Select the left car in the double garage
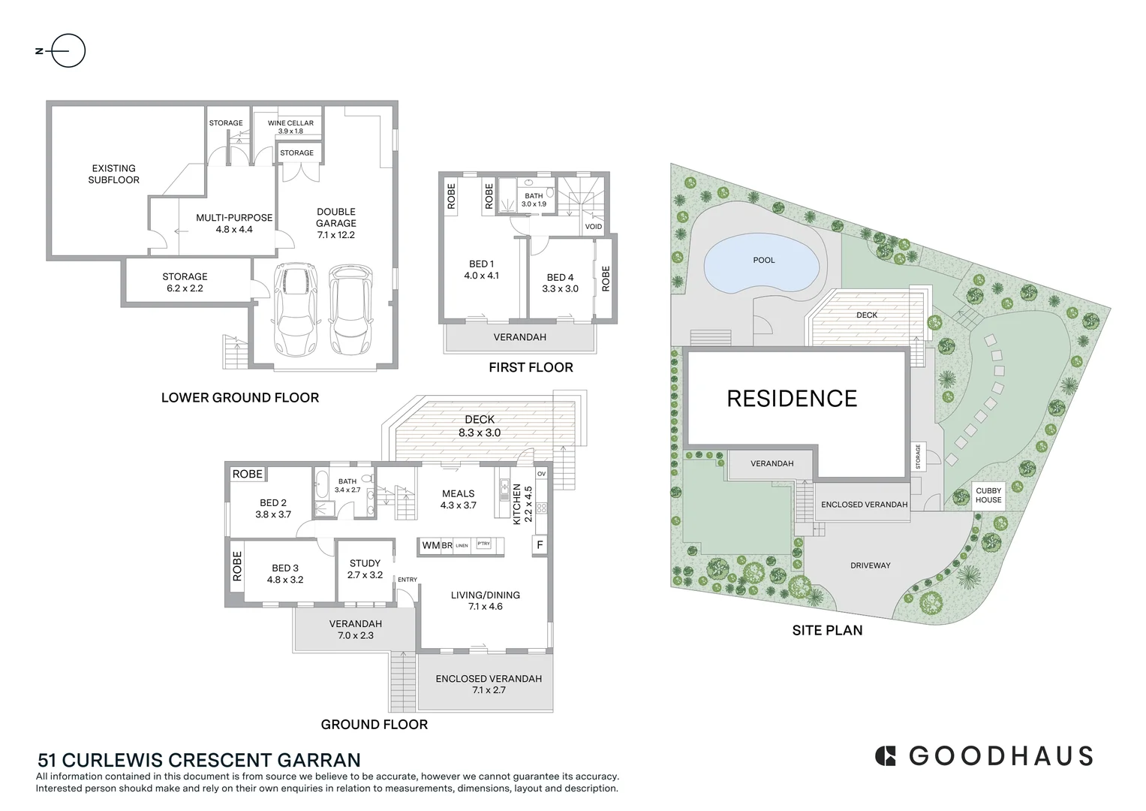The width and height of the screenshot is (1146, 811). tap(296, 309)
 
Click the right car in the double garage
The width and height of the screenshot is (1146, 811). tap(350, 309)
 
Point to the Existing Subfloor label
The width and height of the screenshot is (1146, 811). tap(113, 174)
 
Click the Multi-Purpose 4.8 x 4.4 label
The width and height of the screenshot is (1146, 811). tap(234, 223)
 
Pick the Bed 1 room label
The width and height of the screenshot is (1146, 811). tap(481, 270)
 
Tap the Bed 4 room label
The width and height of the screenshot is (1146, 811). tap(560, 282)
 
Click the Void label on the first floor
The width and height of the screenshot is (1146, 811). tap(593, 226)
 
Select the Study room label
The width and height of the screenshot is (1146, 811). tap(365, 568)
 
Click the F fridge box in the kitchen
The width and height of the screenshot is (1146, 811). tap(540, 544)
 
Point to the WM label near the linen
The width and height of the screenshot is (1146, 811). tap(430, 545)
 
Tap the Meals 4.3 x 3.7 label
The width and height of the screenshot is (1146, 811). tap(458, 499)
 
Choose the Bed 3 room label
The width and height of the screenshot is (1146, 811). tap(285, 574)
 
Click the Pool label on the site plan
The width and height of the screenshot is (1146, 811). tap(763, 260)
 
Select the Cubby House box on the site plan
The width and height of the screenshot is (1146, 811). tap(988, 496)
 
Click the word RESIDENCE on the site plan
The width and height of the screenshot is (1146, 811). tap(792, 399)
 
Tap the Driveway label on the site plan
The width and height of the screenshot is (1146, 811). tap(870, 565)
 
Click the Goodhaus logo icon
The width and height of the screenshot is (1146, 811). tap(886, 755)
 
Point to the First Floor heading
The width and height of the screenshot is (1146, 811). tap(531, 367)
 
